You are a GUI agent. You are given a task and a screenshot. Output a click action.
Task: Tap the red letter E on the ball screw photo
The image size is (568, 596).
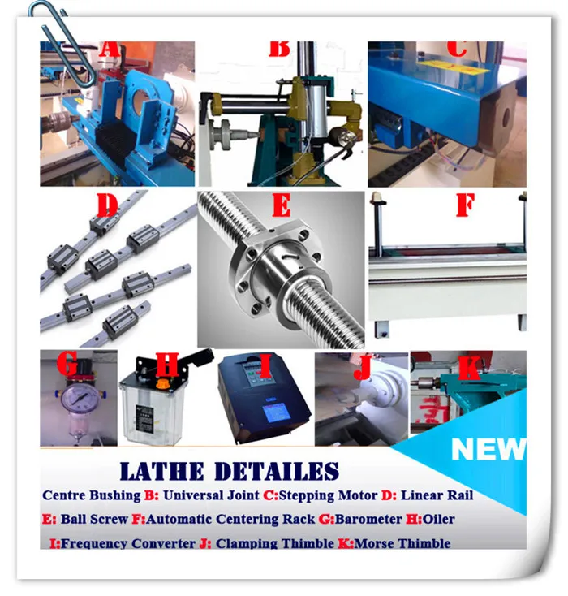click(281, 205)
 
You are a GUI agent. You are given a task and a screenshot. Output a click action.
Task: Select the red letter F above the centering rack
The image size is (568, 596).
click(464, 205)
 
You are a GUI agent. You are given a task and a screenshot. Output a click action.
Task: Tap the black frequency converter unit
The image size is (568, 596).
click(264, 399)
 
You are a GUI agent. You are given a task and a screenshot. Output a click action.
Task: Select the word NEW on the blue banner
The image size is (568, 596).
click(488, 449)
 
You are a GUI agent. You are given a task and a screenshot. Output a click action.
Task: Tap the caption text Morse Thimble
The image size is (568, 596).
click(402, 543)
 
